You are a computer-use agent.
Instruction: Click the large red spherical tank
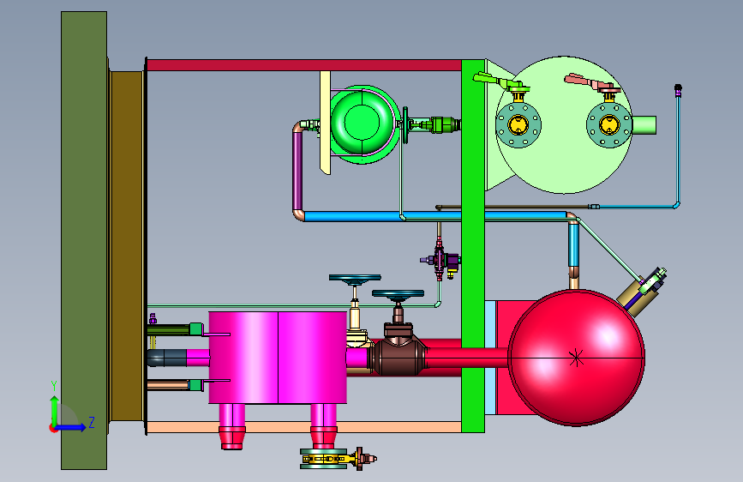coord(576,358)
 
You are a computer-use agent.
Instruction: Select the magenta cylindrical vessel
coord(278,358)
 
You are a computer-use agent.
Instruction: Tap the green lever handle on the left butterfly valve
coord(493,80)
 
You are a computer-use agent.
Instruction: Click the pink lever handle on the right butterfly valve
coord(585,81)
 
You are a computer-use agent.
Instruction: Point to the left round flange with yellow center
coord(518,125)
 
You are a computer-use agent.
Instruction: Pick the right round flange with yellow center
coord(609,125)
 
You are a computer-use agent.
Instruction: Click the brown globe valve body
coord(398,353)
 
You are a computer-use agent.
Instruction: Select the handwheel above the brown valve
coord(398,294)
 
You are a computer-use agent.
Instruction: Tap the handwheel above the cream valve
coord(355,279)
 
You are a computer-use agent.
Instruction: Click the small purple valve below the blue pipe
coord(440,260)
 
